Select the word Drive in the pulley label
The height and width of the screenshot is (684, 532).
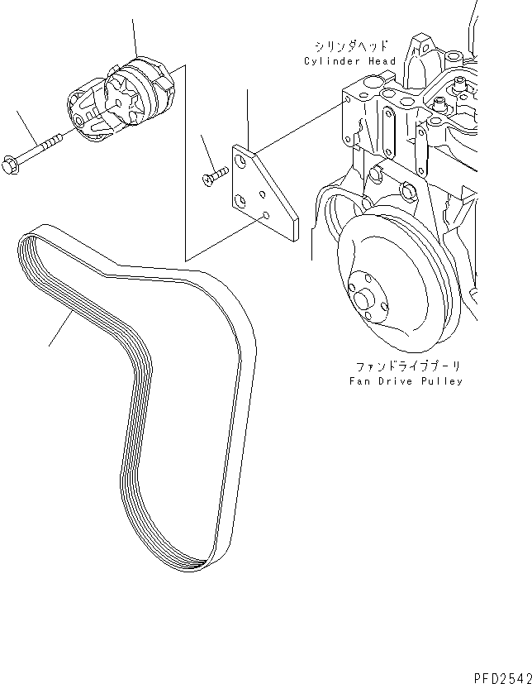[400, 381]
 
